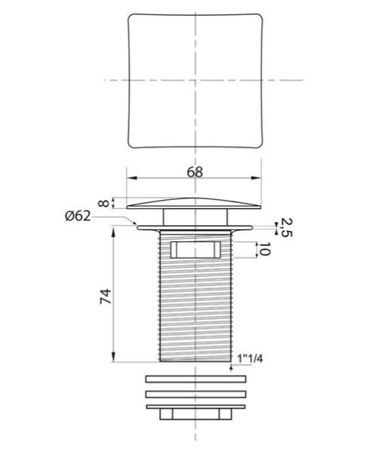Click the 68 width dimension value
pos(195,172)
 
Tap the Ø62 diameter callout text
pos(78,216)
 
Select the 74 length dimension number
pos(105,296)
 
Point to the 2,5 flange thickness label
pos(286,227)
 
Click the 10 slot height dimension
pos(265,250)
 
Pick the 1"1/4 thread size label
pos(250,358)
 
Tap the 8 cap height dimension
pos(104,203)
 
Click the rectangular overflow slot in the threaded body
pos(195,250)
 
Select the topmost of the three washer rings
pos(196,379)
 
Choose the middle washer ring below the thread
pos(196,394)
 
